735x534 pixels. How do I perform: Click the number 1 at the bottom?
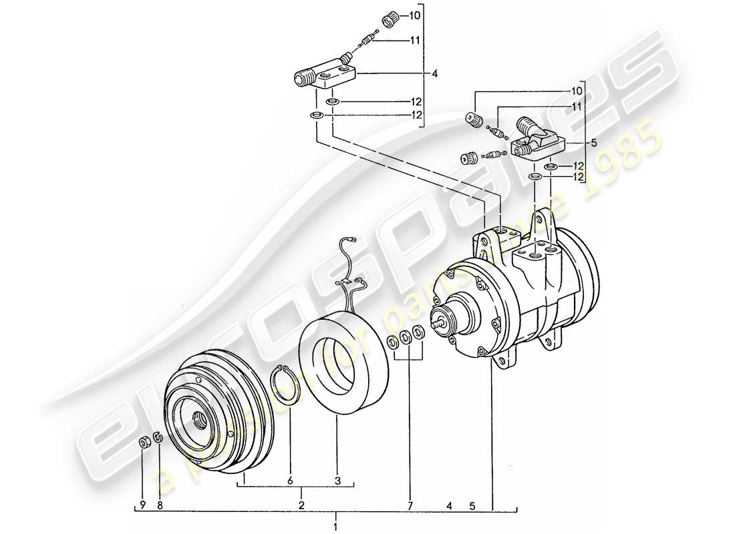pyautogui.click(x=336, y=518)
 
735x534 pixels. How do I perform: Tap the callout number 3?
pyautogui.click(x=337, y=480)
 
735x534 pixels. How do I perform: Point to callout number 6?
pyautogui.click(x=291, y=480)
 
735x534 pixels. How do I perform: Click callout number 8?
pyautogui.click(x=160, y=506)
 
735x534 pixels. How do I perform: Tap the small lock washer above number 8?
pyautogui.click(x=158, y=438)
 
